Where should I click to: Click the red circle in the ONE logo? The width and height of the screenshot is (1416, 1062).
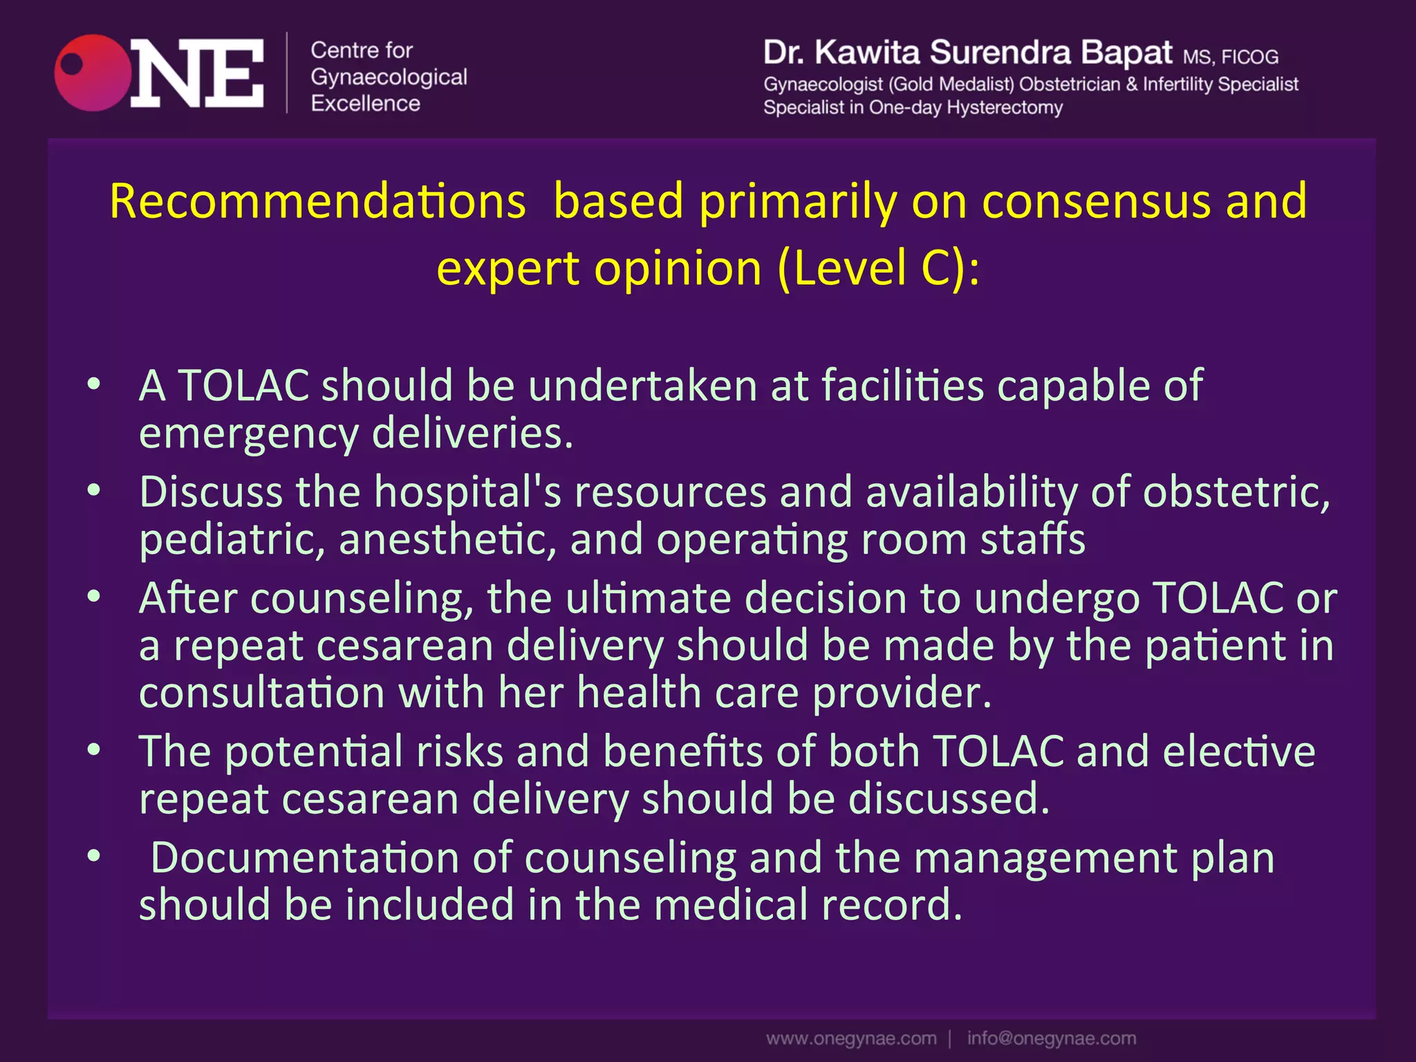pyautogui.click(x=93, y=73)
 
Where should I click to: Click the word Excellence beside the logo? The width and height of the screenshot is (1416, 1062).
pyautogui.click(x=365, y=104)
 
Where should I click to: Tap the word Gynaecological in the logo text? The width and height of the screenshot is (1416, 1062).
pyautogui.click(x=389, y=77)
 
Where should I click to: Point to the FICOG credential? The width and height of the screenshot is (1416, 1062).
pyautogui.click(x=1249, y=57)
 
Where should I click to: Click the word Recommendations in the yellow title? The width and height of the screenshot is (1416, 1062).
pyautogui.click(x=317, y=201)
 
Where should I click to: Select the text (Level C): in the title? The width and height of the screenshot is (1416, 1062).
pyautogui.click(x=878, y=268)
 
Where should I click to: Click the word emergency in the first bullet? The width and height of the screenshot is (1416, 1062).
pyautogui.click(x=248, y=434)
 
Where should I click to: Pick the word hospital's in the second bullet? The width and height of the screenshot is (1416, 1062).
pyautogui.click(x=468, y=492)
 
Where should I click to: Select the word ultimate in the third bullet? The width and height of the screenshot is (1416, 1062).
pyautogui.click(x=648, y=598)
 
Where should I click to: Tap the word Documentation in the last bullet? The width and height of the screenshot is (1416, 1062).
pyautogui.click(x=305, y=858)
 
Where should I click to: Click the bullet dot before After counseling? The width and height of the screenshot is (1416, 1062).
pyautogui.click(x=94, y=596)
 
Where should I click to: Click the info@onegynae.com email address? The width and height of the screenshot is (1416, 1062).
pyautogui.click(x=1051, y=1038)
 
